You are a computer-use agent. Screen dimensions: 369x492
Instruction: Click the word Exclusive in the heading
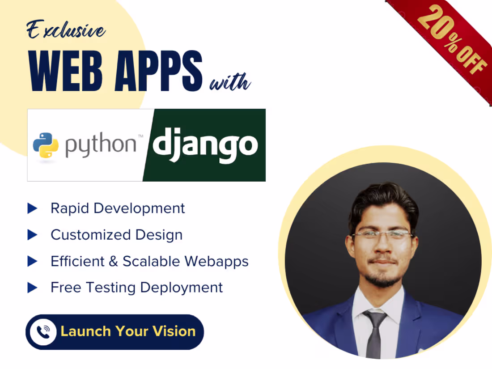tap(66, 31)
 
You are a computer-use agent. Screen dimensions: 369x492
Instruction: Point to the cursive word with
tap(230, 82)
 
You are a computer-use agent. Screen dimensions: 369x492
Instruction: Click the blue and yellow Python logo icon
tap(45, 145)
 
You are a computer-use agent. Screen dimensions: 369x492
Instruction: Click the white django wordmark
tap(205, 144)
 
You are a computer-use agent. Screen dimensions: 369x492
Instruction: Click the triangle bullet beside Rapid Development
tap(32, 208)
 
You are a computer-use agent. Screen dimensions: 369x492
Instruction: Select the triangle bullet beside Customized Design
tap(32, 234)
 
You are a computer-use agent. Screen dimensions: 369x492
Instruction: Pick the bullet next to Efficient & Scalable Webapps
tap(32, 261)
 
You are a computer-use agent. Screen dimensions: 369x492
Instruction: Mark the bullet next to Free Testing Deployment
tap(32, 287)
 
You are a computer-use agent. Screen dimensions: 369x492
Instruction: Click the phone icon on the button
tap(43, 331)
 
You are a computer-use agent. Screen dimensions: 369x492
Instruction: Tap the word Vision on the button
tap(174, 331)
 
